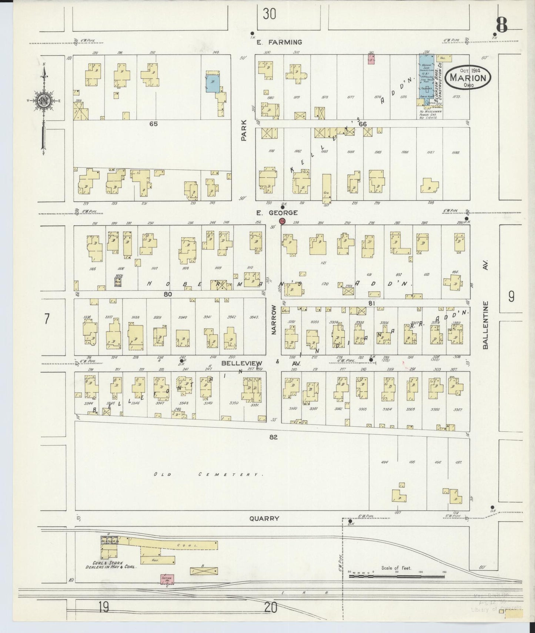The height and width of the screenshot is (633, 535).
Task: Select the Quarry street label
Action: click(264, 519)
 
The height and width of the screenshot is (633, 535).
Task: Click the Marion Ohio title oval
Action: click(468, 78)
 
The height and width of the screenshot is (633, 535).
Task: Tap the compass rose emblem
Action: click(44, 100)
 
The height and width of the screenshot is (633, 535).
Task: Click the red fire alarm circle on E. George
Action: click(282, 221)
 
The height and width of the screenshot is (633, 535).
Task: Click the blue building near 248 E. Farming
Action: click(213, 82)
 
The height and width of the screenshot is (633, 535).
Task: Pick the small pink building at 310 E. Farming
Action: click(371, 60)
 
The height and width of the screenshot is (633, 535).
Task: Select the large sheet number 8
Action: click(502, 26)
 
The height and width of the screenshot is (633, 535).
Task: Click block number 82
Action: click(273, 437)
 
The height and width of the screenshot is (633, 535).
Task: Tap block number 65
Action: click(153, 124)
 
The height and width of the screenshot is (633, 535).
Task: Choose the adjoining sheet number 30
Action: click(269, 14)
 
